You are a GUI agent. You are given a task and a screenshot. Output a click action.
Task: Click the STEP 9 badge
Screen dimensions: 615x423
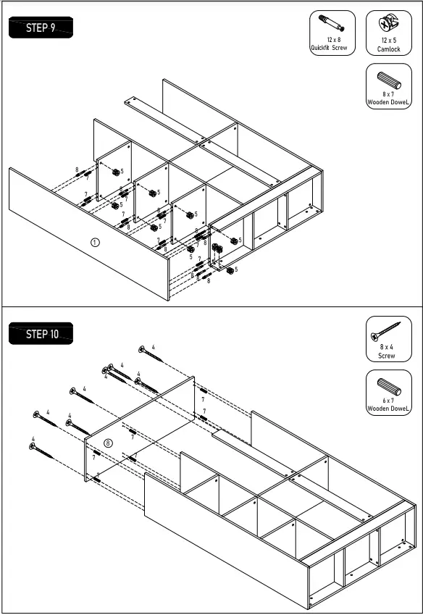[41, 28]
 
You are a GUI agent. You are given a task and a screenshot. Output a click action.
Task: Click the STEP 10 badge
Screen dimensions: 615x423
[42, 334]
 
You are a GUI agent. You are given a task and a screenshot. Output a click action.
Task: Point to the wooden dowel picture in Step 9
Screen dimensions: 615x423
[388, 78]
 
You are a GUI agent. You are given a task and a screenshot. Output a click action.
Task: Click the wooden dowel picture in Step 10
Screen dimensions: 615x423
[388, 385]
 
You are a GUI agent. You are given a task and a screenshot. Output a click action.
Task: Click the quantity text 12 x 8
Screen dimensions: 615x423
[332, 41]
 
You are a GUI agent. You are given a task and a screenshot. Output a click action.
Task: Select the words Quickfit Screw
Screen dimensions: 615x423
[330, 49]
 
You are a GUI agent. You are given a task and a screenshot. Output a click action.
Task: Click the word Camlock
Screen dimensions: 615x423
[388, 49]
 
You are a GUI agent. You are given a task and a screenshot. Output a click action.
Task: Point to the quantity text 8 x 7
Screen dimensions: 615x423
[388, 95]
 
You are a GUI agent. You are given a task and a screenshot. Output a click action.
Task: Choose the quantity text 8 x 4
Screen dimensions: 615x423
[388, 348]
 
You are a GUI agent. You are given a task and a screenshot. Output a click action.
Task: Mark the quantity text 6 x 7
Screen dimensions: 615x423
[388, 401]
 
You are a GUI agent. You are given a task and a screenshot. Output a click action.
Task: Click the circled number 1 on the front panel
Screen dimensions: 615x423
[94, 242]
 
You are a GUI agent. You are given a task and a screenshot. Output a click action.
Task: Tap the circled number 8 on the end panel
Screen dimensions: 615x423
[108, 442]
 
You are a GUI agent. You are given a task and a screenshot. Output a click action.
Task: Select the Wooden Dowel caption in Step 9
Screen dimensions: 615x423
[388, 103]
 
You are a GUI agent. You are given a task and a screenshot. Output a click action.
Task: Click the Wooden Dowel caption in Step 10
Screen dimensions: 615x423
[388, 409]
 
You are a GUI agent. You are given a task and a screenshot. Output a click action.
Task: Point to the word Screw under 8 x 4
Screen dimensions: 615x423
[388, 356]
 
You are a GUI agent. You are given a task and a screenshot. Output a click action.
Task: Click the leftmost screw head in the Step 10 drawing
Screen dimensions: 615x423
[32, 447]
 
